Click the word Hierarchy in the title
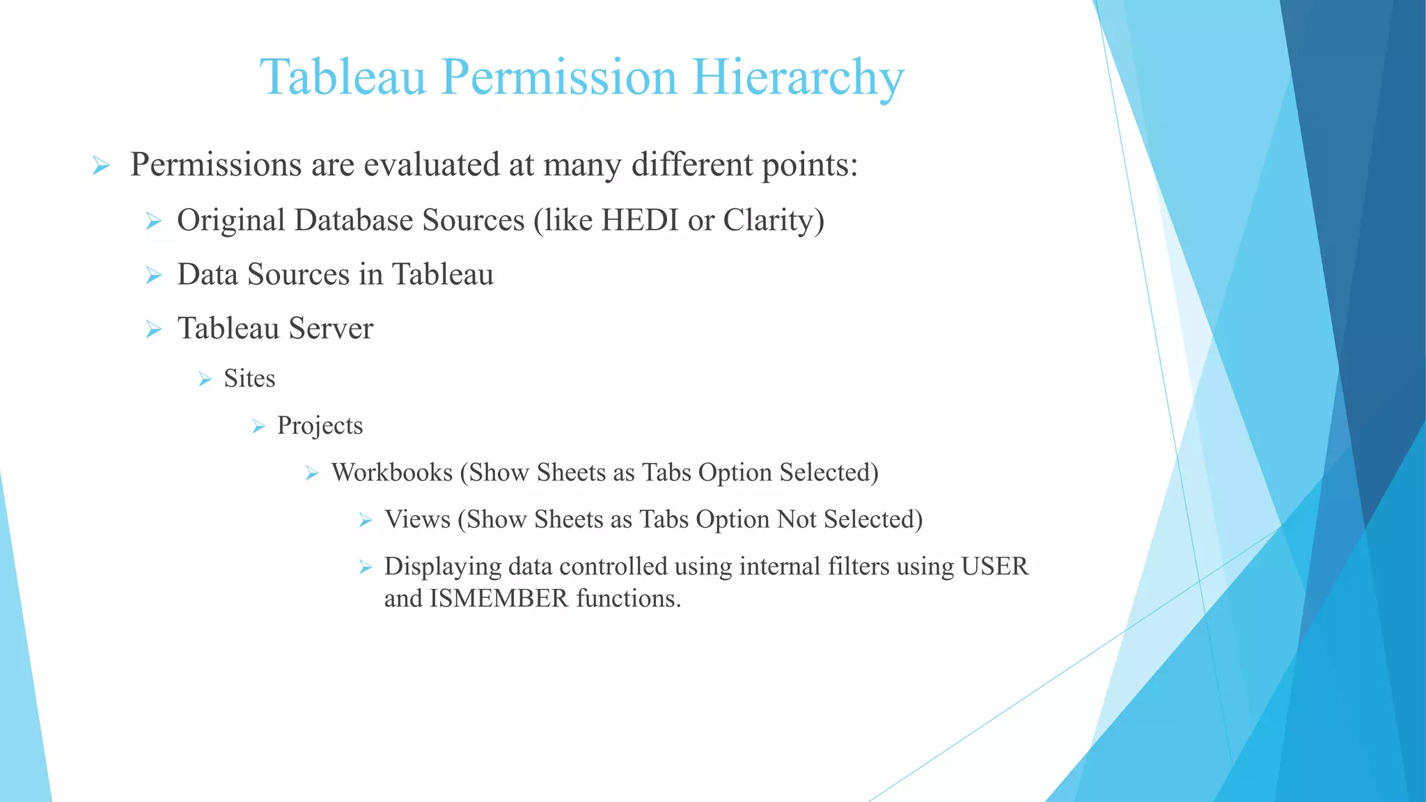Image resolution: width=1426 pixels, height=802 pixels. pyautogui.click(x=798, y=78)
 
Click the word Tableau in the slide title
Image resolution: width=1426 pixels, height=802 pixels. pyautogui.click(x=343, y=77)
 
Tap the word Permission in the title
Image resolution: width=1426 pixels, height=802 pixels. pyautogui.click(x=558, y=78)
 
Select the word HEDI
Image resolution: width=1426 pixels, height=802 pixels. pyautogui.click(x=640, y=220)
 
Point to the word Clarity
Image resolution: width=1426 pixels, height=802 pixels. pyautogui.click(x=768, y=221)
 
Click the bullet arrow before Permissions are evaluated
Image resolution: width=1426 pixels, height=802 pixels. pyautogui.click(x=101, y=166)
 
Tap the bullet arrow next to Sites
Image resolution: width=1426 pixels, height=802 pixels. pyautogui.click(x=205, y=379)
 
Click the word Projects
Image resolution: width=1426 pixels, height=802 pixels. pyautogui.click(x=320, y=425)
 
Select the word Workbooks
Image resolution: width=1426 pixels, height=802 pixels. pyautogui.click(x=392, y=472)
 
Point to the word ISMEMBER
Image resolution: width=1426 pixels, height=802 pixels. pyautogui.click(x=499, y=598)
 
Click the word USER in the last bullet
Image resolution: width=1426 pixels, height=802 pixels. pyautogui.click(x=994, y=566)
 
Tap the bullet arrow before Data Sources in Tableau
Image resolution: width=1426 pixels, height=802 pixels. pyautogui.click(x=154, y=276)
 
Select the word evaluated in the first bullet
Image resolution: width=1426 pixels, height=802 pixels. pyautogui.click(x=431, y=165)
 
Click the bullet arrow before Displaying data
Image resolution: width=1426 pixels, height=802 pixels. pyautogui.click(x=366, y=568)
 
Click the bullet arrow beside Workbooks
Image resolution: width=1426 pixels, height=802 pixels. pyautogui.click(x=312, y=474)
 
